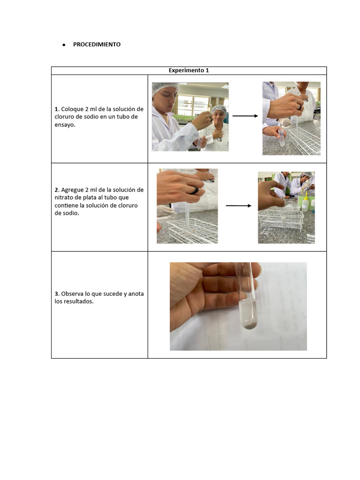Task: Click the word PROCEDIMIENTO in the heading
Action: pos(97,45)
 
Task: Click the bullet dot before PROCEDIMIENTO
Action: pos(64,45)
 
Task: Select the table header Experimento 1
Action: pos(188,70)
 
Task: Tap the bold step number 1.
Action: pos(57,109)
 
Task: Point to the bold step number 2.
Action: pos(57,190)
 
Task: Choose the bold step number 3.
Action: pos(57,294)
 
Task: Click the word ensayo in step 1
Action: pos(64,125)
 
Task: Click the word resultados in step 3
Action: pos(78,301)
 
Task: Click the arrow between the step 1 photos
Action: pos(245,116)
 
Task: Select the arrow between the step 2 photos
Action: pos(239,206)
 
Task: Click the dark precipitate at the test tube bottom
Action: pos(250,327)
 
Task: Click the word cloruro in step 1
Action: pos(64,117)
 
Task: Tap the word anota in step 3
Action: pos(136,294)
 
